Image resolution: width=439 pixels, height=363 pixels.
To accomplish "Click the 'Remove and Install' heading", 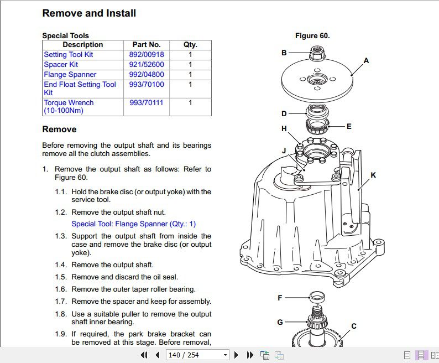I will tap(89, 13).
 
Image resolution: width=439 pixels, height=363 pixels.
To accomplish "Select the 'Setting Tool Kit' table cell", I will tap(69, 55).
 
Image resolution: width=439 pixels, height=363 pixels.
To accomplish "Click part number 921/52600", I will tap(147, 65).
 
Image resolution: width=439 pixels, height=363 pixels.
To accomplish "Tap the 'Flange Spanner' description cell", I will tap(70, 75).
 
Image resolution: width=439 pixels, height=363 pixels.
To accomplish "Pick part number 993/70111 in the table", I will tap(147, 103).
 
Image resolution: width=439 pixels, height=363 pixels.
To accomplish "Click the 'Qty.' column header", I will tap(190, 45).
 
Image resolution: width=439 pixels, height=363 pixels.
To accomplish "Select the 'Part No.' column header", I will tap(147, 45).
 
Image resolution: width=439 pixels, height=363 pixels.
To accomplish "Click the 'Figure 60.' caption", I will tap(312, 36).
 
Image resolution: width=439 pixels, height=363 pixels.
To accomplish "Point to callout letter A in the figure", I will tap(366, 60).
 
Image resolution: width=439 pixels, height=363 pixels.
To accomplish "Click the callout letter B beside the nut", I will tap(284, 53).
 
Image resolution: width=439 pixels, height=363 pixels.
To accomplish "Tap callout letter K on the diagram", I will tap(373, 175).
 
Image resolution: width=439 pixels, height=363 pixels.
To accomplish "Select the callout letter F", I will tap(280, 298).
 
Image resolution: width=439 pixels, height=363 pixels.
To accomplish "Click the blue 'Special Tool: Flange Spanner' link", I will tap(134, 224).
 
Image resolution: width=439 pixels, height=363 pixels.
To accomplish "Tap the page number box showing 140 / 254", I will tap(198, 355).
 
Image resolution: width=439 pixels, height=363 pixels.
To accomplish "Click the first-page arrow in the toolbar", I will tap(144, 355).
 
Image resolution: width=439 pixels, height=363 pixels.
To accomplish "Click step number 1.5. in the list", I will tap(61, 277).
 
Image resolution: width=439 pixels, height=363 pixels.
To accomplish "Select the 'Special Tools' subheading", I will tap(66, 36).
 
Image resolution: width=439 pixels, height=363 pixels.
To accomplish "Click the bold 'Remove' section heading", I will tap(59, 129).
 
